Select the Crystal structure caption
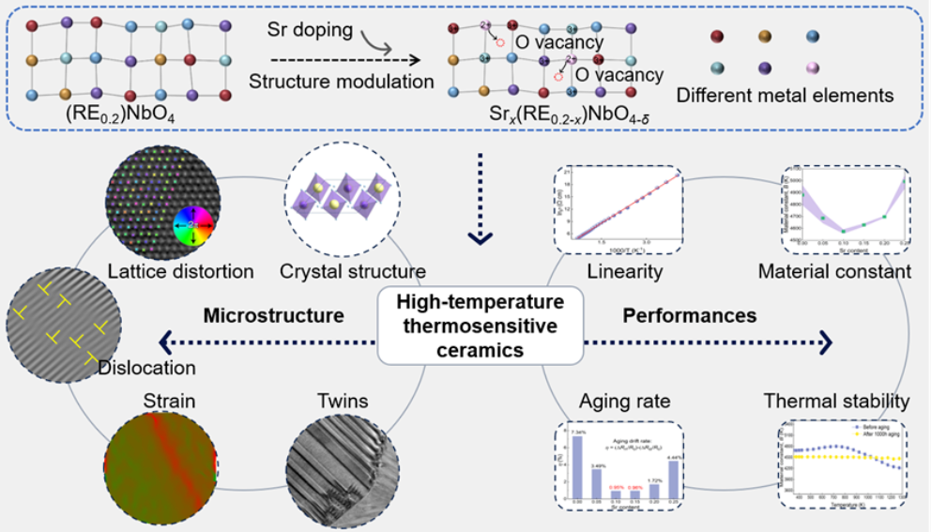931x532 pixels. coord(353,272)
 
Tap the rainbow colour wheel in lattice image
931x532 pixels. coord(194,224)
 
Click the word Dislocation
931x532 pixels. coord(146,369)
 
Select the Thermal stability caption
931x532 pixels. coord(836,402)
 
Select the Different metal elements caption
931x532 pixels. coord(787,96)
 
